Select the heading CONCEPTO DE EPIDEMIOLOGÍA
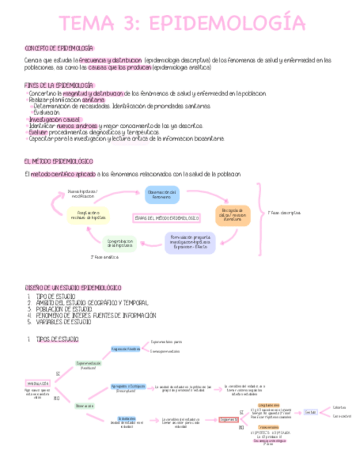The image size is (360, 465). click(x=59, y=48)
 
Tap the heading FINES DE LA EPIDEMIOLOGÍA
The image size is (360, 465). click(x=59, y=86)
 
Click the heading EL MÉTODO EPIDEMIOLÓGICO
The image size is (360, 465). click(x=59, y=161)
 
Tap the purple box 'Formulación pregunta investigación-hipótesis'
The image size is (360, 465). click(x=190, y=242)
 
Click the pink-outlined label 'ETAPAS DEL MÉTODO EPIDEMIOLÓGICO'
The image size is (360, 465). click(x=166, y=218)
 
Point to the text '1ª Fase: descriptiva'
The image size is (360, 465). click(x=284, y=213)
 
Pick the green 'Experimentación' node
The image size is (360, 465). click(x=88, y=363)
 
